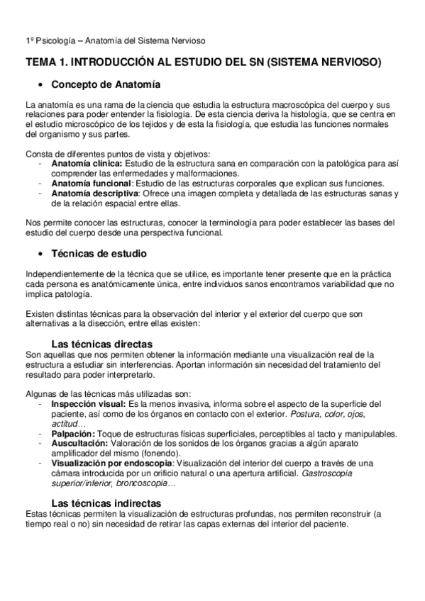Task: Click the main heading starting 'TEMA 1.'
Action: pyautogui.click(x=204, y=62)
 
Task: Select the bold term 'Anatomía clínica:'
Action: pyautogui.click(x=82, y=164)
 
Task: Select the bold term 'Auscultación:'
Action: pyautogui.click(x=78, y=442)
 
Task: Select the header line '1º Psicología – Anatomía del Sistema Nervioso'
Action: pyautogui.click(x=115, y=41)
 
